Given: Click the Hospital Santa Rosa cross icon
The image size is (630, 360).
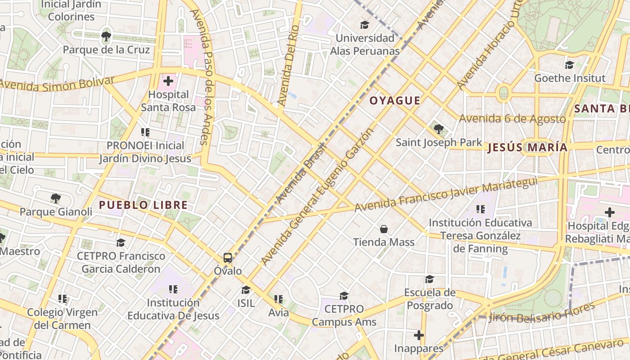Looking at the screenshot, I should [168, 81].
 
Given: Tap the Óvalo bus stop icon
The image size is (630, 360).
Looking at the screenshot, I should [228, 258].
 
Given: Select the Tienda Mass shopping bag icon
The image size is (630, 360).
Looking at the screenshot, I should [384, 229].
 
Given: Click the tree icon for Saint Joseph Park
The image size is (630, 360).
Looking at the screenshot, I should [439, 129].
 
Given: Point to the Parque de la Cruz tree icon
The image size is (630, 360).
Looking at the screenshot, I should [106, 36].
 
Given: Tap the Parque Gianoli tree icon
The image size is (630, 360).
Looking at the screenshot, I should [56, 198].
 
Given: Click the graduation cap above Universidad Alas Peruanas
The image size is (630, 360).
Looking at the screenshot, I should [364, 25].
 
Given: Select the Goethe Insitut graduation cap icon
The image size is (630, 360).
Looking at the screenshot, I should [570, 65].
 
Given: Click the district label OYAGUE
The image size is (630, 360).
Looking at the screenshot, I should [395, 101].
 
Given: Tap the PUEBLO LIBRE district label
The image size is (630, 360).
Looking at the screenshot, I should [143, 205].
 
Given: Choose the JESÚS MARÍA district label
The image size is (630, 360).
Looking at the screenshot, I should [527, 147].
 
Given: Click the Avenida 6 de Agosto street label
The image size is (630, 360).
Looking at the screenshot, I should [512, 119].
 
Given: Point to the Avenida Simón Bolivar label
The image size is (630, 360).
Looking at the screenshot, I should [57, 83].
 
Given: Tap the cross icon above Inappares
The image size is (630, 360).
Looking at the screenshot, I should [419, 335].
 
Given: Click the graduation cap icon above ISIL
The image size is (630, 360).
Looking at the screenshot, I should [246, 290].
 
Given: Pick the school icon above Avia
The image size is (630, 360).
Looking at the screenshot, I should [279, 299].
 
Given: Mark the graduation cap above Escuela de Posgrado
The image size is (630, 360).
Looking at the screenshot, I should [429, 279].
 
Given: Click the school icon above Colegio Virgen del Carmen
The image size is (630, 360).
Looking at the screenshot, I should [63, 298].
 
